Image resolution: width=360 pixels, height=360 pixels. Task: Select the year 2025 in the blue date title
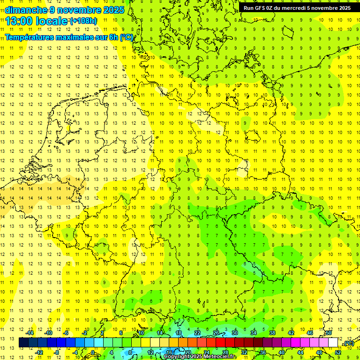pyautogui.click(x=113, y=10)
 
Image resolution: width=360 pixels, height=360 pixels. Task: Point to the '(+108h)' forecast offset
pyautogui.click(x=83, y=21)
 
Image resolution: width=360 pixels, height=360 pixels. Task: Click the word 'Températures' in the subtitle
pyautogui.click(x=28, y=37)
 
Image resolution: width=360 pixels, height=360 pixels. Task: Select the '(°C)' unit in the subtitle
pyautogui.click(x=126, y=37)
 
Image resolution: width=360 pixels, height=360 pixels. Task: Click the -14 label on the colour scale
pyautogui.click(x=30, y=333)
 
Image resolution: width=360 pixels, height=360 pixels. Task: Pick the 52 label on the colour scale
pyautogui.click(x=337, y=352)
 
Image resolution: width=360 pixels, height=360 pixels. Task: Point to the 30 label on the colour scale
pyautogui.click(x=235, y=333)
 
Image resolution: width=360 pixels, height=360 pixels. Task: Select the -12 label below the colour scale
pyautogui.click(x=39, y=352)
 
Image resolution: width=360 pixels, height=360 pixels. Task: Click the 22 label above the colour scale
pyautogui.click(x=197, y=333)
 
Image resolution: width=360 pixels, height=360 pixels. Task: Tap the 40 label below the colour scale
pyautogui.click(x=282, y=352)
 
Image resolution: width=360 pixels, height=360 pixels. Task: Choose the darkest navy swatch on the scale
pyautogui.click(x=23, y=343)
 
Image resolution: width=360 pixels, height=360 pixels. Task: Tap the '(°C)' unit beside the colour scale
pyautogui.click(x=348, y=343)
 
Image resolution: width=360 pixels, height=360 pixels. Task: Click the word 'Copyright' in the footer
pyautogui.click(x=177, y=357)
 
